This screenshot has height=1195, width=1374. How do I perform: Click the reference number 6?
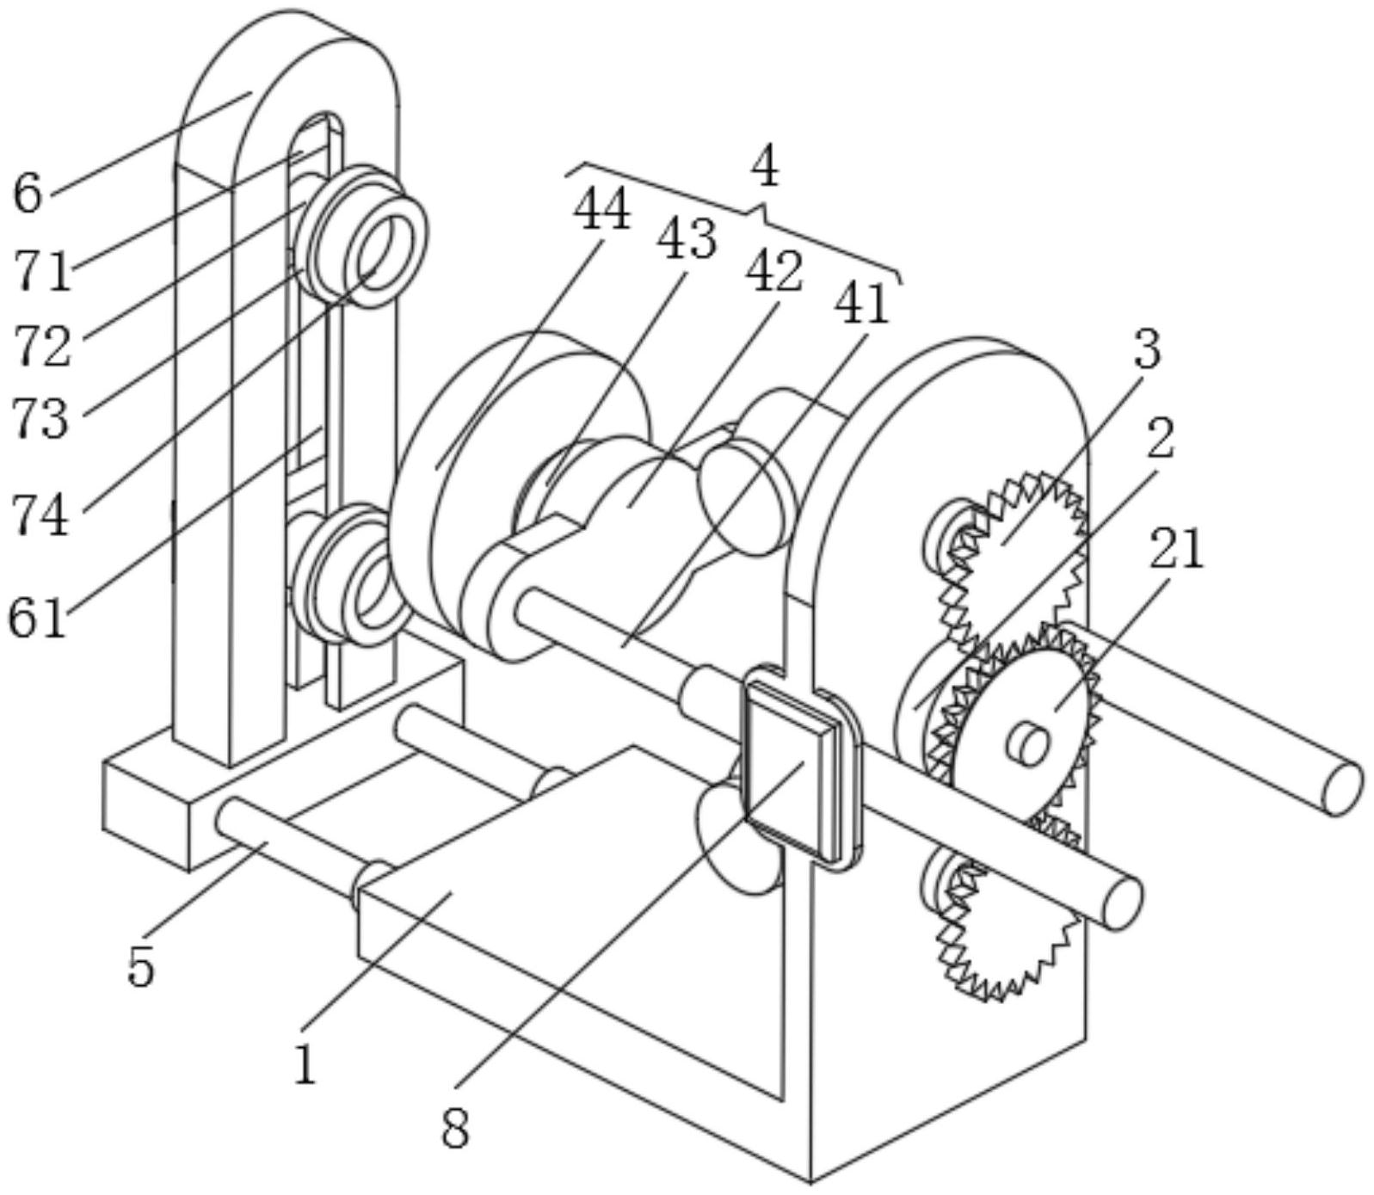coord(28,193)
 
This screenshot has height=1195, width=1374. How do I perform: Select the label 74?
coord(40,516)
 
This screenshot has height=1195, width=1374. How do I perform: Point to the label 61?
coord(38,618)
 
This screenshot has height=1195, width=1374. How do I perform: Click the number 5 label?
coord(141,968)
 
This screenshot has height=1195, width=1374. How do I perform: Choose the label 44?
coord(602,209)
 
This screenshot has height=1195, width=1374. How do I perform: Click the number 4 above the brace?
coord(764,167)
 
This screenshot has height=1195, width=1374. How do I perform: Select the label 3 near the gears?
coord(1147,350)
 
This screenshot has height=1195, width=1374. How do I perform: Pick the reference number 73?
coord(40,419)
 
